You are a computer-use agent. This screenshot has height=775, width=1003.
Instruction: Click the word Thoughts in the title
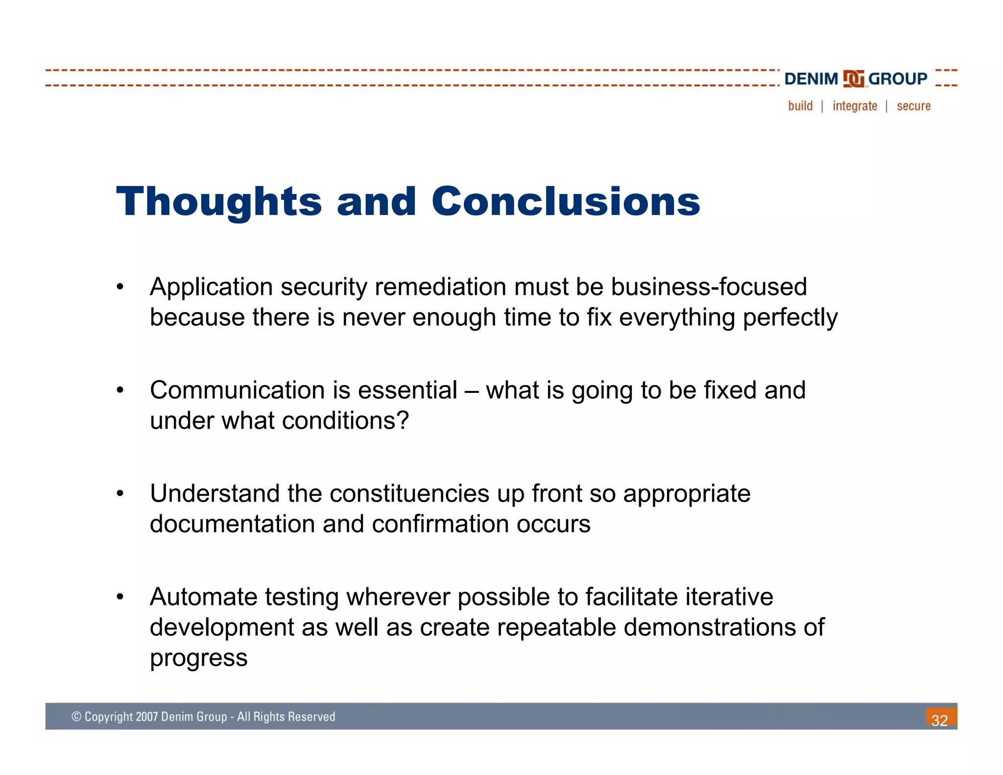tap(218, 202)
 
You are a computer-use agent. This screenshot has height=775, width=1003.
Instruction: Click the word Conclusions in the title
tap(566, 202)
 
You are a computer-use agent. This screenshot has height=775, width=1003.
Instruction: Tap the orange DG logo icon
tap(853, 79)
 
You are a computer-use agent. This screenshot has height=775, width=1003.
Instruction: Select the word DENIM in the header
tap(811, 79)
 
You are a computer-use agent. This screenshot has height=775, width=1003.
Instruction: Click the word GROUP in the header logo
tap(897, 79)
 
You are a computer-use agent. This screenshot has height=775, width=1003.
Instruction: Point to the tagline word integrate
tap(855, 106)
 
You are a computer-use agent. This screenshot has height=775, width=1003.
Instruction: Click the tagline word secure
tap(913, 106)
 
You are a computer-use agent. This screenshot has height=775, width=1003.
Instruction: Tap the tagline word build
tap(800, 106)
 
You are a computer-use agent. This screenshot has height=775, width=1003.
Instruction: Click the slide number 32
tap(939, 720)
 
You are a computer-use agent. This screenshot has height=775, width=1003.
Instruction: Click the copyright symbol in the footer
tap(76, 717)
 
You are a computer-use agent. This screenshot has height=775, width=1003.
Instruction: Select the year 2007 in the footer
tap(147, 717)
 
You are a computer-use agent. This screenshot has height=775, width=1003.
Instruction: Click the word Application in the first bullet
tap(211, 287)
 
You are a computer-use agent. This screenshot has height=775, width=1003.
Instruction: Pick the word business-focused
tap(709, 287)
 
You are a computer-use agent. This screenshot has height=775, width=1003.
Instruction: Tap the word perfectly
tap(790, 318)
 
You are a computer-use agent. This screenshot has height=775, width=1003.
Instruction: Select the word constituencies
tap(409, 494)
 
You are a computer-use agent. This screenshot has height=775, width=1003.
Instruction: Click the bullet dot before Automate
tap(120, 597)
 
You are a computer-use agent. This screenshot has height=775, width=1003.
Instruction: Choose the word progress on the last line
tap(198, 658)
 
